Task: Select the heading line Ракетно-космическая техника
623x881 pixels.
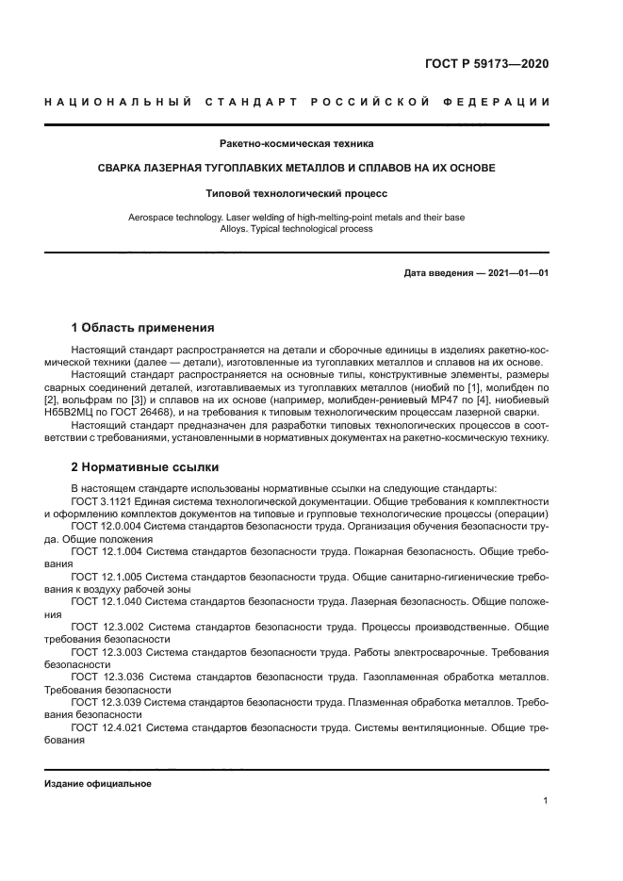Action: pos(296,144)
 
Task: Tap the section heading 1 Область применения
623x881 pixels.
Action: pos(142,328)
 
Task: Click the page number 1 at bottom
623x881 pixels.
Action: pos(545,801)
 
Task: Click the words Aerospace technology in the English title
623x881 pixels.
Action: pos(170,218)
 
